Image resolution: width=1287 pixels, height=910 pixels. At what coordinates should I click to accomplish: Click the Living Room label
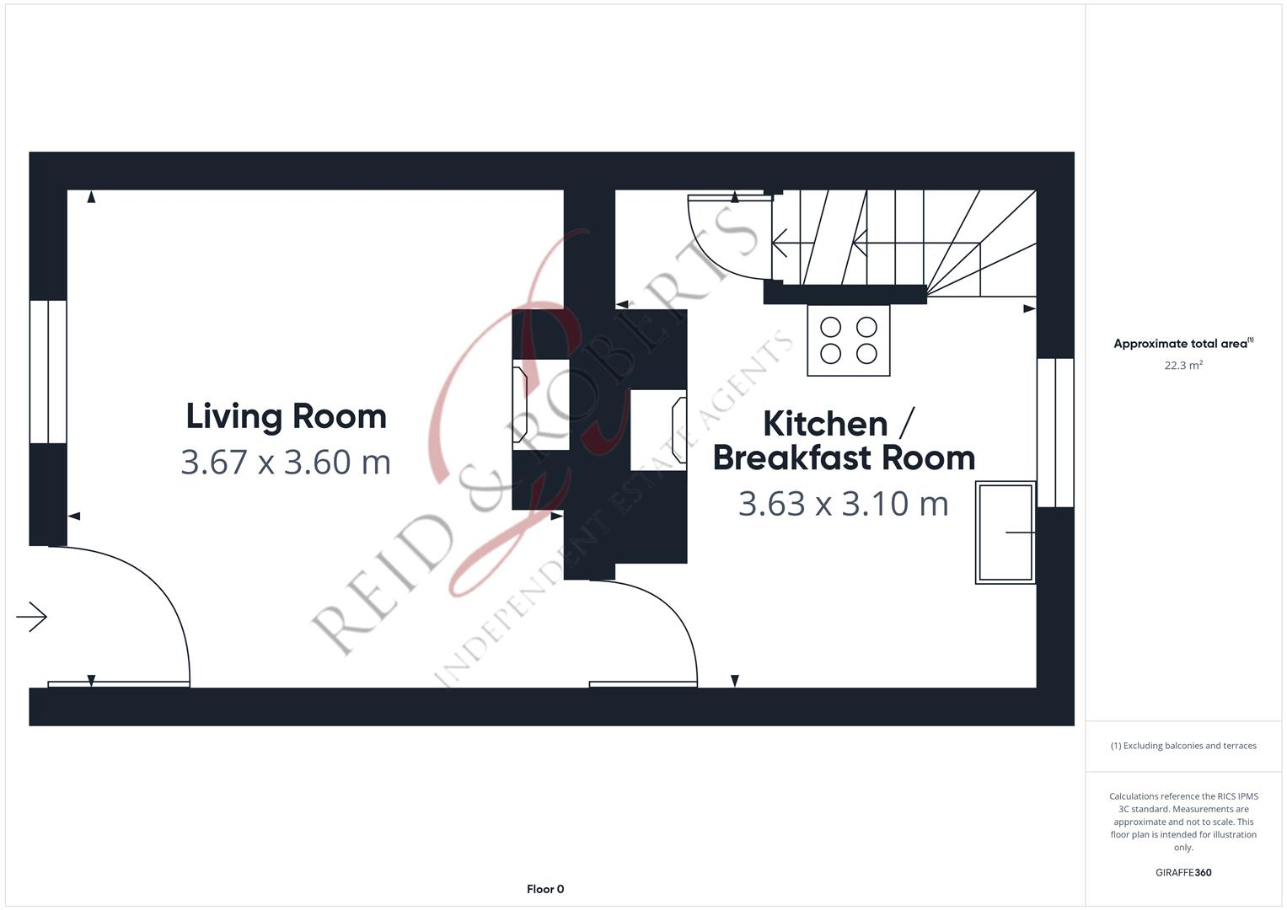point(286,416)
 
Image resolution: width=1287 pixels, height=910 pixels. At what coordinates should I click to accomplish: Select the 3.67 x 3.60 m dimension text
point(286,462)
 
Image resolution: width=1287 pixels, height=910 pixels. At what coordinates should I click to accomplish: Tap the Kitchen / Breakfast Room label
point(843,441)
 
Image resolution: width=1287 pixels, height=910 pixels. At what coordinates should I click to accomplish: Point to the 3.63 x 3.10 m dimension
point(843,504)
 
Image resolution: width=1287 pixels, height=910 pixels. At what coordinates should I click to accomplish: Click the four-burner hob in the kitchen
point(848,340)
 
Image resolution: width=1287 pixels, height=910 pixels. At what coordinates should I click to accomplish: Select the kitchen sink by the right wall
point(1005,532)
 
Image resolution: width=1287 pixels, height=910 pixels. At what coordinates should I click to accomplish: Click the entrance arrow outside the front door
point(32,617)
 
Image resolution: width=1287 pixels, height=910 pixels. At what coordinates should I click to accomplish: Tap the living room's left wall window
point(48,372)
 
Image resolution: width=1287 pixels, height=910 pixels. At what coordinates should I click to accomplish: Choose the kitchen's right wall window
point(1055,432)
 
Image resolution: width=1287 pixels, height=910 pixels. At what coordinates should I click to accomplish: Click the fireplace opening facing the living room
point(539,404)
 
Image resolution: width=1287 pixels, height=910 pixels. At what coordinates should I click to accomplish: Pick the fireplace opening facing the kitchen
point(659,430)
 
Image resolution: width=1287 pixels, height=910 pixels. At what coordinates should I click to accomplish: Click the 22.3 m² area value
point(1182,366)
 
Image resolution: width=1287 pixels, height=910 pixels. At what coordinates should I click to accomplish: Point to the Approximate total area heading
point(1182,344)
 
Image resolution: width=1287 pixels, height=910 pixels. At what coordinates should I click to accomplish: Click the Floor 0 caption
point(545,889)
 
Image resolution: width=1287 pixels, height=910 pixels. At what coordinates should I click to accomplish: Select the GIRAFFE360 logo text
point(1182,873)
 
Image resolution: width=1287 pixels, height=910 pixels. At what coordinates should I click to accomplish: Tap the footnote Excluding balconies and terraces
point(1182,746)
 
